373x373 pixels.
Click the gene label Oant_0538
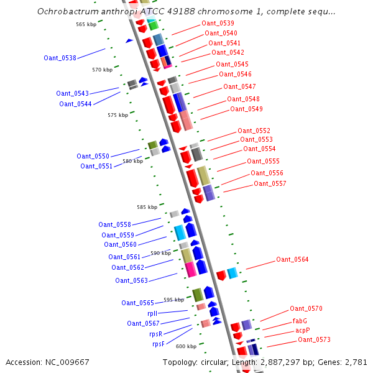point(60,58)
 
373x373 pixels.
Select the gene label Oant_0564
point(292,259)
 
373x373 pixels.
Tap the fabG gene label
point(300,321)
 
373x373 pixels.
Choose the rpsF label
point(159,344)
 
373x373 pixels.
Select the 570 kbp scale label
point(103,70)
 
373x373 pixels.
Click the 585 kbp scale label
point(147,207)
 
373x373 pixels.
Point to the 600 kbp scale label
point(186,346)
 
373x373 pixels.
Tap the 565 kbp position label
point(86,24)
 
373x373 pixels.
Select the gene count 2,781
point(356,362)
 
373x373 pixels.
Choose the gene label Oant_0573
point(314,339)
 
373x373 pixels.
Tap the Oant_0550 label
point(93,156)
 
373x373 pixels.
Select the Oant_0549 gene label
point(246,109)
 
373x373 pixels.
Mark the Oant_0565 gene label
point(137,303)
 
